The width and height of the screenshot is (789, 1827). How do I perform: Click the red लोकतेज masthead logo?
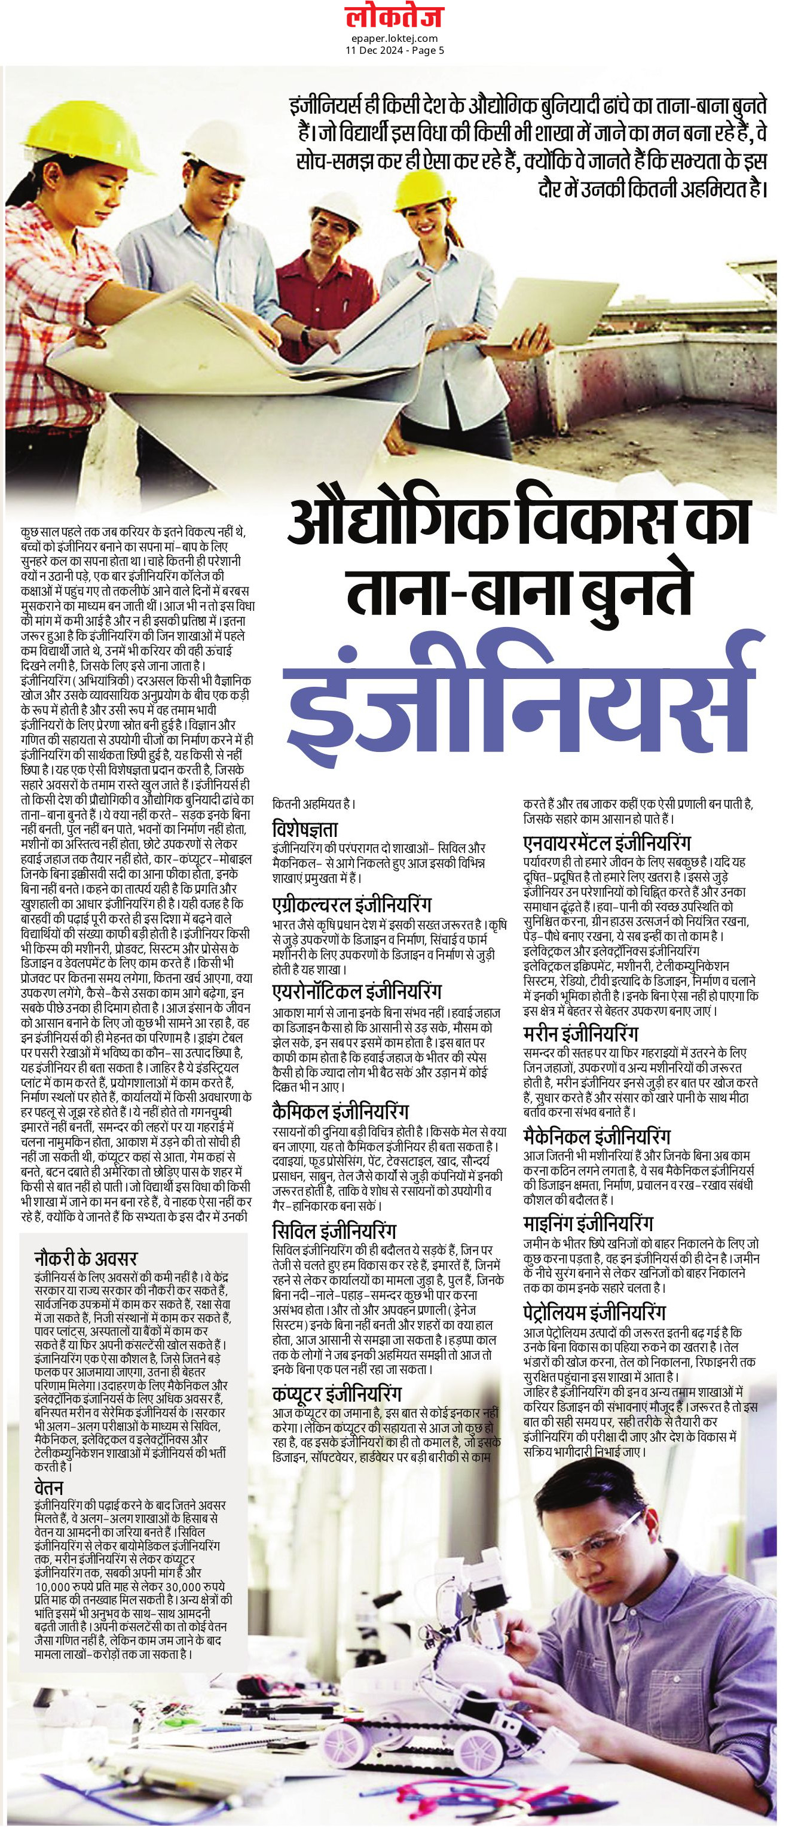pyautogui.click(x=394, y=16)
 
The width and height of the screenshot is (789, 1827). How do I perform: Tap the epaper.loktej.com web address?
pyautogui.click(x=394, y=38)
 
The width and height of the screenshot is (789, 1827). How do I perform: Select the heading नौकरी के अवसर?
pyautogui.click(x=86, y=1258)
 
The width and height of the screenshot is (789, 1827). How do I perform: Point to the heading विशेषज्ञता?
pyautogui.click(x=305, y=829)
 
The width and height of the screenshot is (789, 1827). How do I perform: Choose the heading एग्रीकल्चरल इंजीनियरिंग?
pyautogui.click(x=351, y=905)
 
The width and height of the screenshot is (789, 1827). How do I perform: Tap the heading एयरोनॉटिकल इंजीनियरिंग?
pyautogui.click(x=357, y=990)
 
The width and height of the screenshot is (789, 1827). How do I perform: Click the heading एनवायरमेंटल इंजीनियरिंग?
pyautogui.click(x=607, y=844)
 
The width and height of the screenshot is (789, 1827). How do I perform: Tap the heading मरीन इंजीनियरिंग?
pyautogui.click(x=580, y=1033)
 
